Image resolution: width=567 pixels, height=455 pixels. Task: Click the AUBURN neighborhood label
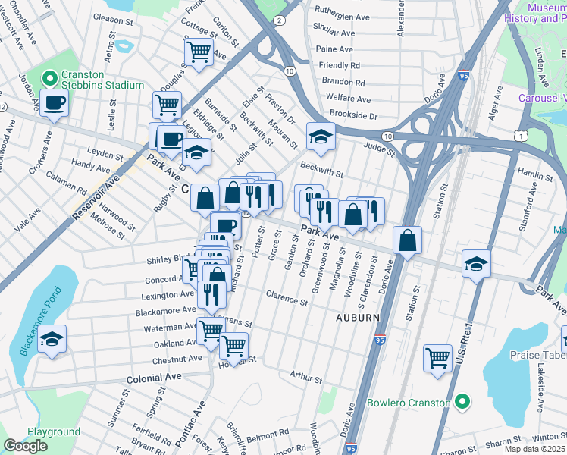(357, 318)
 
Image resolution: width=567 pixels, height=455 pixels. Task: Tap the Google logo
(25, 446)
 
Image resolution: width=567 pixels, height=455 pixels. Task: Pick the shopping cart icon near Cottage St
(198, 52)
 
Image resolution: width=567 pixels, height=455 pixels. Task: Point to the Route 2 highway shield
(280, 20)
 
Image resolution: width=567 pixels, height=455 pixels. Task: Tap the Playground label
(54, 431)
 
